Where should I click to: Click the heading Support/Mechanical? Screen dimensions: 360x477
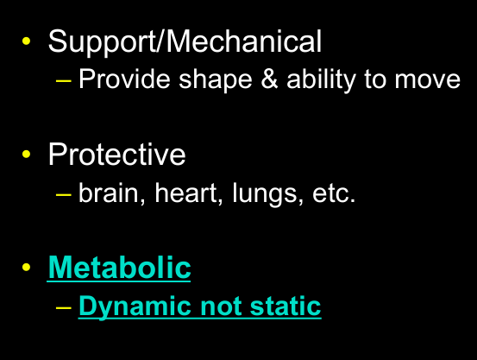coord(185,41)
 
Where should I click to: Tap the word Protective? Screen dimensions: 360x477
coord(116,155)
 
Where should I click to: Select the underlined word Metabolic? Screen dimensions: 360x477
coord(119,268)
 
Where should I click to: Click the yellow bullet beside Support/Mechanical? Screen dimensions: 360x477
coord(28,41)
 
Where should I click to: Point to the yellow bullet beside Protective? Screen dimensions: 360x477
coord(28,155)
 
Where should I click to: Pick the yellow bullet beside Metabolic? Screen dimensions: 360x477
coord(28,268)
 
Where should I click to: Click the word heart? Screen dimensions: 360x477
coord(183,193)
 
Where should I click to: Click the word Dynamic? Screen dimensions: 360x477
coord(129,307)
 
